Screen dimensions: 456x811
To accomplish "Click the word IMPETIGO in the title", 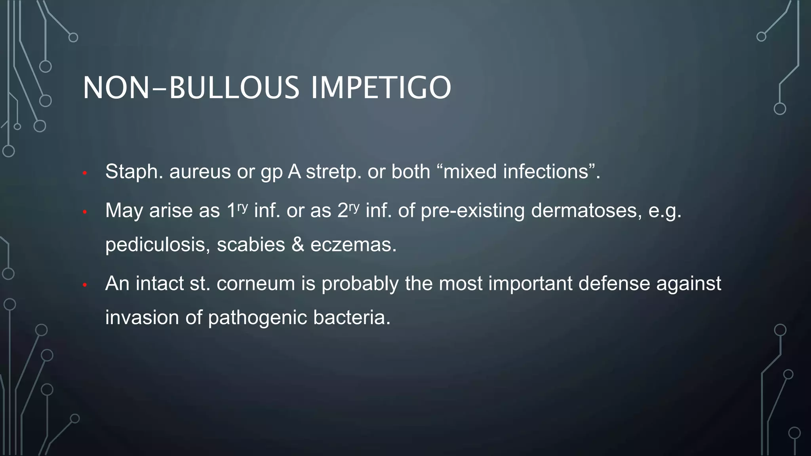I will click(381, 87).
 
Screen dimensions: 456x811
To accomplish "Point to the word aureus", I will click(200, 172).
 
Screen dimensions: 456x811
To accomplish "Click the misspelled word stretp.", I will click(333, 172).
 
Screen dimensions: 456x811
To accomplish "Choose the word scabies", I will click(251, 245).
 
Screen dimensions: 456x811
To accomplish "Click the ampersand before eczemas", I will click(297, 245).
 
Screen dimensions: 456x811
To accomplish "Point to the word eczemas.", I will click(353, 245).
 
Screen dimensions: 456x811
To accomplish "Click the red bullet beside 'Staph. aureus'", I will click(84, 173).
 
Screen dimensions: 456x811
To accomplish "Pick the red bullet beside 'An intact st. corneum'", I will click(84, 285).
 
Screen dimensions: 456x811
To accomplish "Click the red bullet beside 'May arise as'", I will click(84, 212).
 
